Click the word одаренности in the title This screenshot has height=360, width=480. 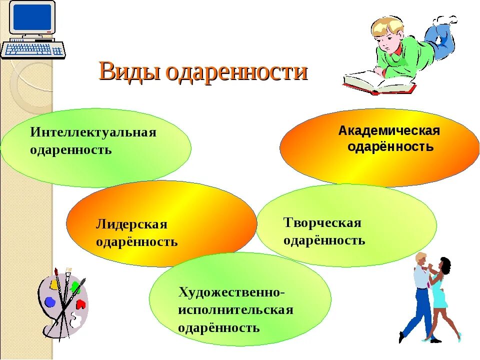pyautogui.click(x=236, y=71)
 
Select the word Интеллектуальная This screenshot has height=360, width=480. pyautogui.click(x=93, y=132)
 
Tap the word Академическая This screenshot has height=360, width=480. pyautogui.click(x=389, y=131)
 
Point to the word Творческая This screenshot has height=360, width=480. pyautogui.click(x=322, y=222)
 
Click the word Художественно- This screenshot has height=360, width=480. pyautogui.click(x=231, y=292)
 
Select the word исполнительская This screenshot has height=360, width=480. pyautogui.click(x=235, y=310)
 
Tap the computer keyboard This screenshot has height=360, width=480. pyautogui.click(x=33, y=49)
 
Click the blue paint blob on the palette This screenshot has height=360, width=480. pyautogui.click(x=50, y=302)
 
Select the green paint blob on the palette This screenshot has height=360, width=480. pyautogui.click(x=75, y=287)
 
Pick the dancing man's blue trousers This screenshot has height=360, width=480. pyautogui.click(x=419, y=310)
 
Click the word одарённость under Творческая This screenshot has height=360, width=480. pyautogui.click(x=324, y=240)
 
